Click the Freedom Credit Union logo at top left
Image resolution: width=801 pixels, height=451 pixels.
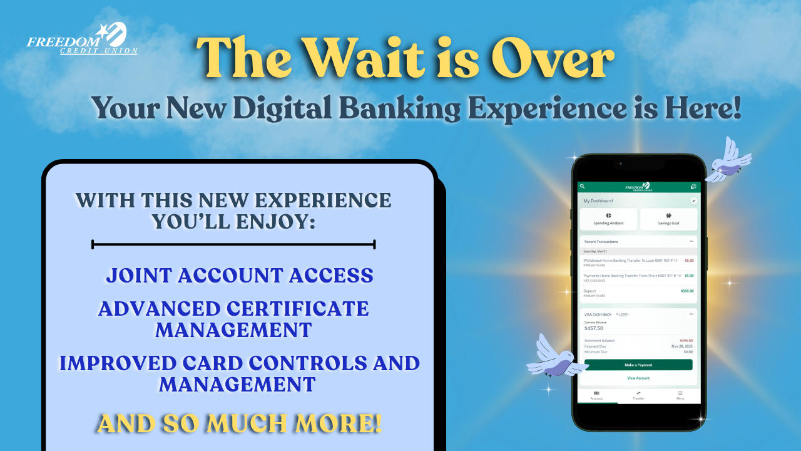[x=81, y=39]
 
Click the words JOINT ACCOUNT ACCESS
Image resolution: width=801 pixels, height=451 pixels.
[x=239, y=276]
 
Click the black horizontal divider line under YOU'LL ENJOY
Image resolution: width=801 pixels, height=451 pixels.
[x=233, y=244]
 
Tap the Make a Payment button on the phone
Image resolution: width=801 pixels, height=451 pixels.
[x=638, y=365]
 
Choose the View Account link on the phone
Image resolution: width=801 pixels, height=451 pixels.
[x=638, y=378]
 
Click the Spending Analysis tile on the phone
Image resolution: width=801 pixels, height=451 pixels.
[x=608, y=219]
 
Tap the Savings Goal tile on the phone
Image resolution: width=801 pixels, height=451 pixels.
[x=668, y=219]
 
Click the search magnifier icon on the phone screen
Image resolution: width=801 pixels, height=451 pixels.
[x=583, y=186]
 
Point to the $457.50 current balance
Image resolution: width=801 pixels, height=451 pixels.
[x=594, y=328]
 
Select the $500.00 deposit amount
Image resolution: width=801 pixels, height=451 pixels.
[x=686, y=291]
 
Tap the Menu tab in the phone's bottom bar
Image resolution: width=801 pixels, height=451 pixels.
[x=680, y=395]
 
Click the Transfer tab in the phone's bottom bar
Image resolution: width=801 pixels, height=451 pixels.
[x=638, y=395]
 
